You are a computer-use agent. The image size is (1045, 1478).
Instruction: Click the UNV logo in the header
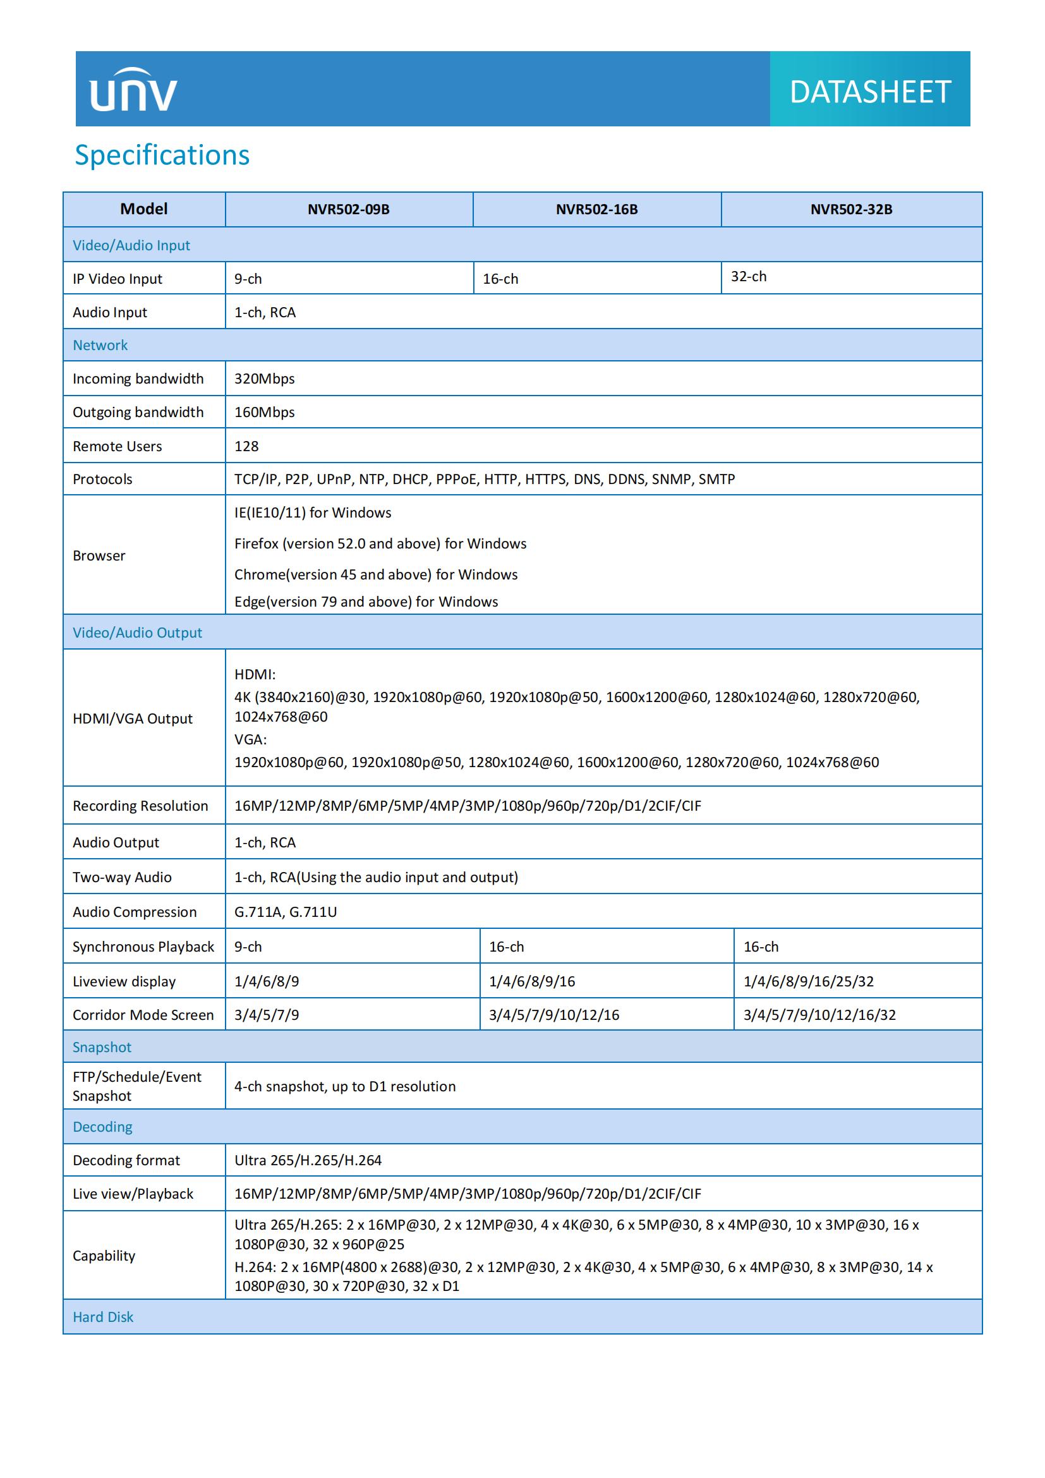coord(133,90)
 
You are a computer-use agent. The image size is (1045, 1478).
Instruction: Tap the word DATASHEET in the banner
coord(869,92)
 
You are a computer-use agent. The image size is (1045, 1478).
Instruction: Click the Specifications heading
coord(162,155)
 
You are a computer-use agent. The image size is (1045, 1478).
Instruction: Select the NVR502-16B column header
coord(596,209)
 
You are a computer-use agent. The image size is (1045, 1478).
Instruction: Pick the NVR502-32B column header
coord(850,209)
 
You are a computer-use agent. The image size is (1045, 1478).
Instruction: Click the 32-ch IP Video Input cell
coord(748,277)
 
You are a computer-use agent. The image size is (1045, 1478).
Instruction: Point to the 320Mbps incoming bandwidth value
coord(265,379)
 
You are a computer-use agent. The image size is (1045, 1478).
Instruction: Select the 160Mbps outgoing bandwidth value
coord(265,412)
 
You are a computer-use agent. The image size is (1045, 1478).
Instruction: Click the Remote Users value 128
coord(246,446)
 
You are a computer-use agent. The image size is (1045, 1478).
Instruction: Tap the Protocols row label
coord(102,479)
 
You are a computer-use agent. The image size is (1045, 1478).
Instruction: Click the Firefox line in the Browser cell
coord(380,543)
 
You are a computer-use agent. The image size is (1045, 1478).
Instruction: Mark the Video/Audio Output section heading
coord(137,633)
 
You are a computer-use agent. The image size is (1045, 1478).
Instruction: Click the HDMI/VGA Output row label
coord(133,718)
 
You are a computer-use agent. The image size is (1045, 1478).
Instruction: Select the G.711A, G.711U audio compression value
coord(286,912)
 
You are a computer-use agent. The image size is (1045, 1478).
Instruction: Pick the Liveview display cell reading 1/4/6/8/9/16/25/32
coord(808,981)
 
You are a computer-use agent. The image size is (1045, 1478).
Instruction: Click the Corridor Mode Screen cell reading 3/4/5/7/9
coord(267,1015)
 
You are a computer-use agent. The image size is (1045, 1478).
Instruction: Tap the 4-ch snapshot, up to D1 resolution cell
coord(345,1086)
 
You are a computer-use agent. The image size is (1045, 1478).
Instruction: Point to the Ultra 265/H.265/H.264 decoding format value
coord(308,1160)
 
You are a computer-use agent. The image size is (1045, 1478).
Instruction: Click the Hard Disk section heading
coord(103,1317)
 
